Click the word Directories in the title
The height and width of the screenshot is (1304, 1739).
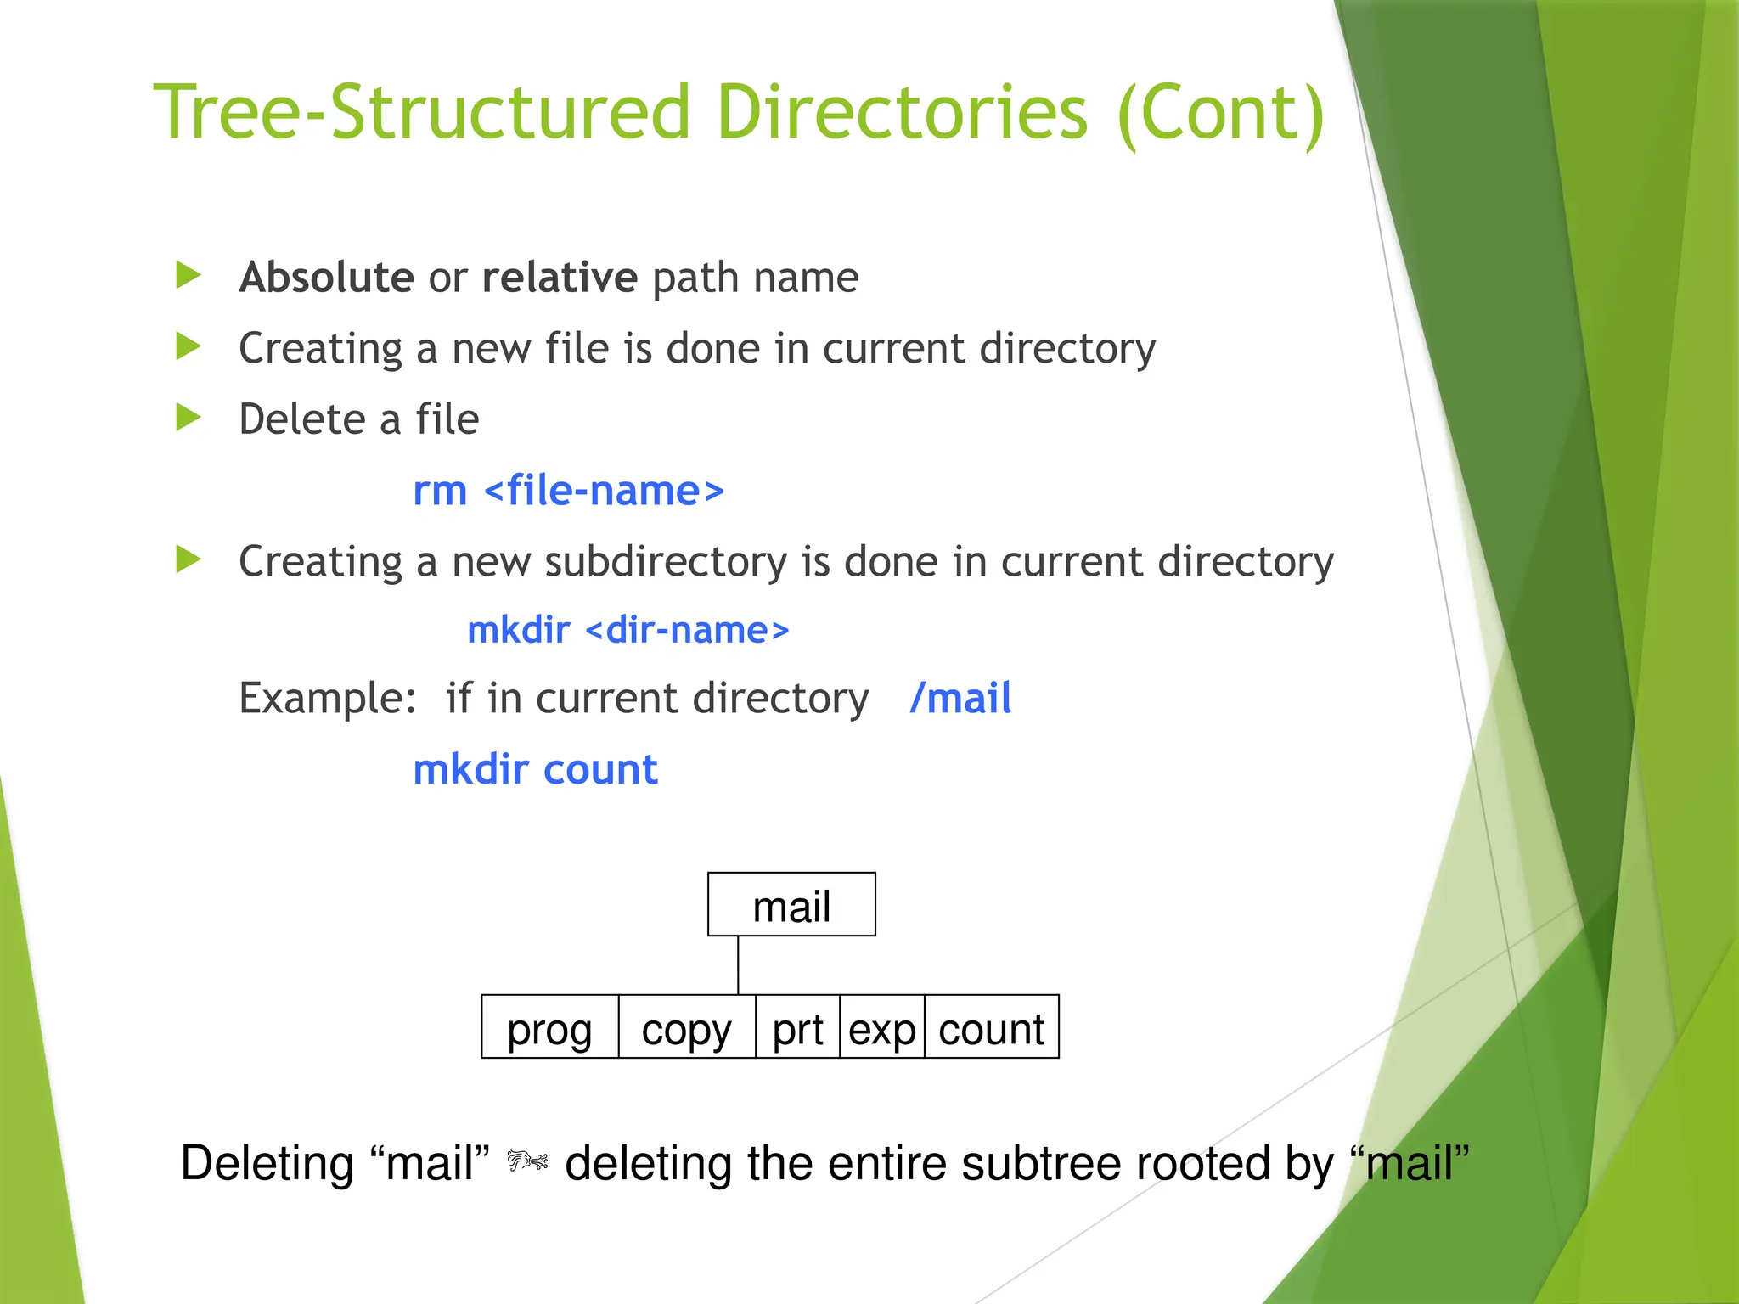[x=902, y=113]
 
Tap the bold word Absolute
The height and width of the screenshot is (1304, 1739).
[x=326, y=278]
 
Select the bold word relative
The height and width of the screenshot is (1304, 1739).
[x=559, y=278]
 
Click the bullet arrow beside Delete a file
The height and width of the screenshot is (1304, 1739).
[x=188, y=418]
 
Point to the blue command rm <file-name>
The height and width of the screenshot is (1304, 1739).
[x=568, y=491]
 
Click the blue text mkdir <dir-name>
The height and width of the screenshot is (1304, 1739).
[x=628, y=631]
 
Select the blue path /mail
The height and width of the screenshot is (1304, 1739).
[x=960, y=699]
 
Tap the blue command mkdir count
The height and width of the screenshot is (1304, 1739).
[x=535, y=770]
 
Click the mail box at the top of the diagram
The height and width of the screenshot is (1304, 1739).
[x=791, y=905]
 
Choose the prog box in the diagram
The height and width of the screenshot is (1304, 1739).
[x=549, y=1028]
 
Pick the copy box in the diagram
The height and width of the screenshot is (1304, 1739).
[x=686, y=1028]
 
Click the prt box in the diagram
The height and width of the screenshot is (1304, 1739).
[x=797, y=1028]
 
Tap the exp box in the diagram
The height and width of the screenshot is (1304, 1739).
[x=881, y=1028]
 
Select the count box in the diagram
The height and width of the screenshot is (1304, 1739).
[x=991, y=1028]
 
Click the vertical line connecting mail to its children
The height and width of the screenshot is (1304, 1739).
[x=738, y=965]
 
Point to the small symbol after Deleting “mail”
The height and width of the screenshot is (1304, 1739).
[x=527, y=1160]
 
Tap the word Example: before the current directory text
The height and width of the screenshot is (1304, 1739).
[x=328, y=699]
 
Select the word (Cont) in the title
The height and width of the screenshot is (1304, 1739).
[x=1221, y=113]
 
